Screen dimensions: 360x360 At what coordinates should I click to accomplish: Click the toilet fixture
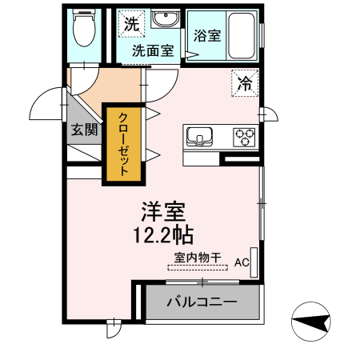point(83,30)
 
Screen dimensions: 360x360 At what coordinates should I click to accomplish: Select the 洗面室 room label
point(152,50)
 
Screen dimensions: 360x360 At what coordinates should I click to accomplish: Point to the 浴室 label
point(208,36)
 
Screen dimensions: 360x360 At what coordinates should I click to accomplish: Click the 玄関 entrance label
point(82,130)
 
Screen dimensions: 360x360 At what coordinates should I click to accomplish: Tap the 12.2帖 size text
point(163,234)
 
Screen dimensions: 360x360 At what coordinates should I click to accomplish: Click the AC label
point(242,262)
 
